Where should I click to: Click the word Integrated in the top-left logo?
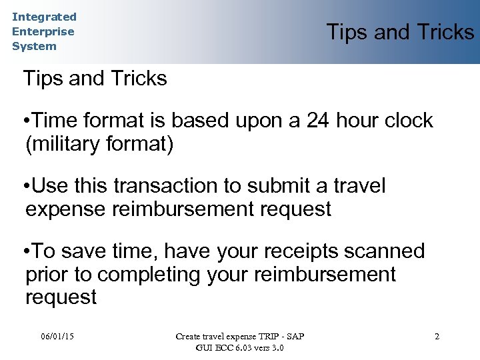44,17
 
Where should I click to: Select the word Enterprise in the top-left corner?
43,31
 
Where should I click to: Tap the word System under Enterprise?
34,46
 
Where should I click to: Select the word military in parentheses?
64,144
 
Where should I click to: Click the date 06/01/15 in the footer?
57,336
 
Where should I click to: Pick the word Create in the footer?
188,336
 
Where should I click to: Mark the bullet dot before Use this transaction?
25,186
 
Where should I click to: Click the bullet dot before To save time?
25,251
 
